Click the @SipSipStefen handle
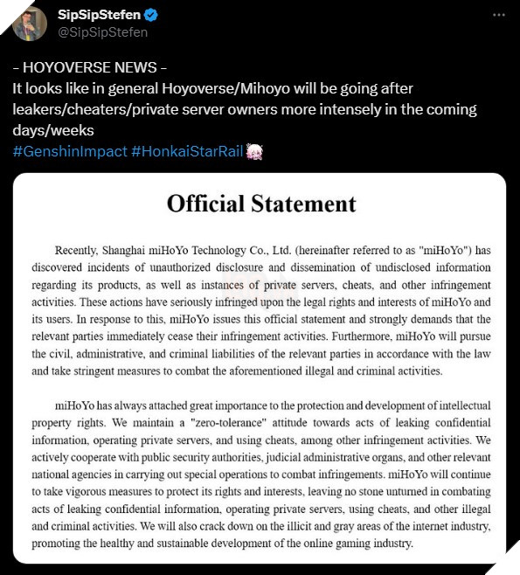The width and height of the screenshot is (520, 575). click(102, 32)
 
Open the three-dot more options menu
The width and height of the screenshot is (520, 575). click(498, 16)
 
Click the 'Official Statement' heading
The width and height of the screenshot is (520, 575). click(261, 204)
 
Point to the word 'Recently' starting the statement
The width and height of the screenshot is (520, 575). click(79, 249)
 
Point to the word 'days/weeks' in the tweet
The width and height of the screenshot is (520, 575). click(52, 130)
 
